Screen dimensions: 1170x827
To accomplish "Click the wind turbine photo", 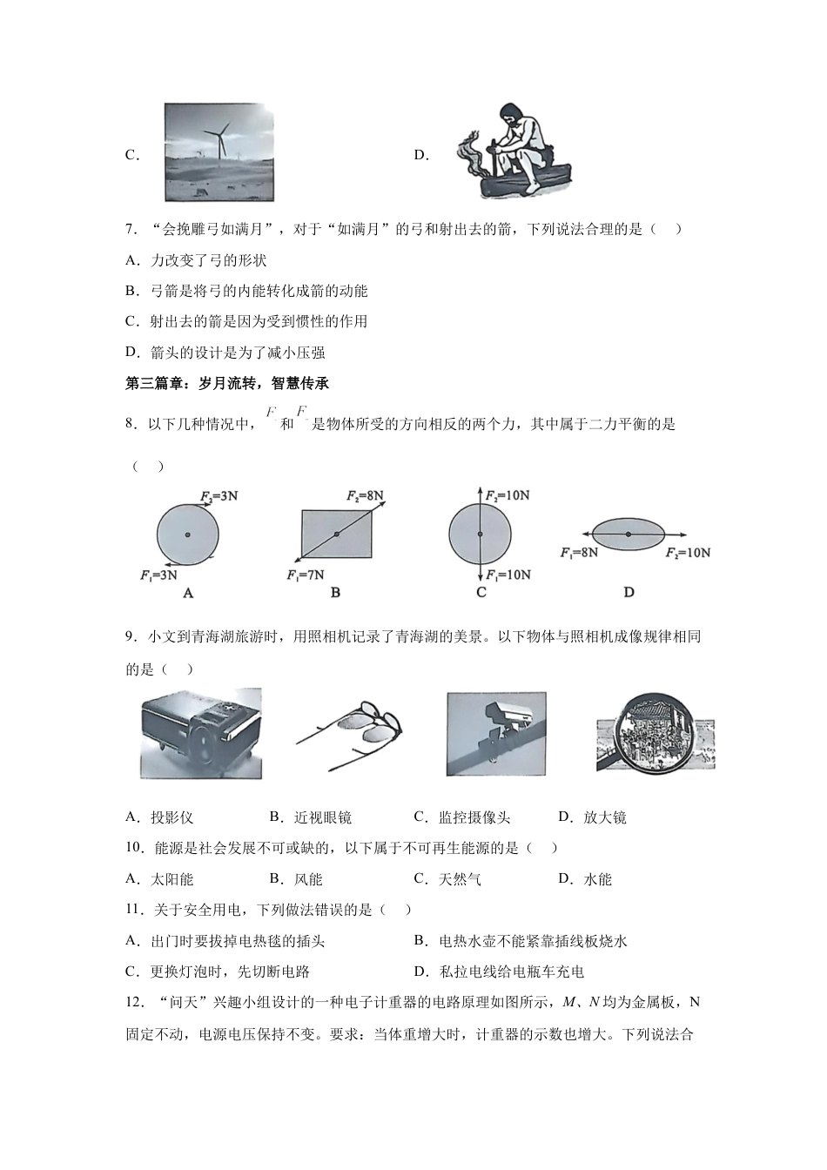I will point(219,152).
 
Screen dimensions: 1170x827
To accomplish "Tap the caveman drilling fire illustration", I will point(514,152).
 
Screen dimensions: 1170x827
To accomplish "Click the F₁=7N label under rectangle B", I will point(305,575).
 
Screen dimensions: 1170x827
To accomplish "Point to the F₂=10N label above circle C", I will point(508,495).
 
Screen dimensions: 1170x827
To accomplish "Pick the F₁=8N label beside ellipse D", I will point(579,553).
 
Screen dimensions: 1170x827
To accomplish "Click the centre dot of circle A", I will point(187,535).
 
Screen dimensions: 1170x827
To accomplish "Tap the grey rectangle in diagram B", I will point(336,534).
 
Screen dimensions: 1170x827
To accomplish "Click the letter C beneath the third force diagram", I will point(481,593).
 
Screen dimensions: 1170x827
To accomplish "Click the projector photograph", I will point(201,733).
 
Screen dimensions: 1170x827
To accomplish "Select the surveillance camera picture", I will point(495,733).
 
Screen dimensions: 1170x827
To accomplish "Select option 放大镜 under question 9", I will point(604,817).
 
